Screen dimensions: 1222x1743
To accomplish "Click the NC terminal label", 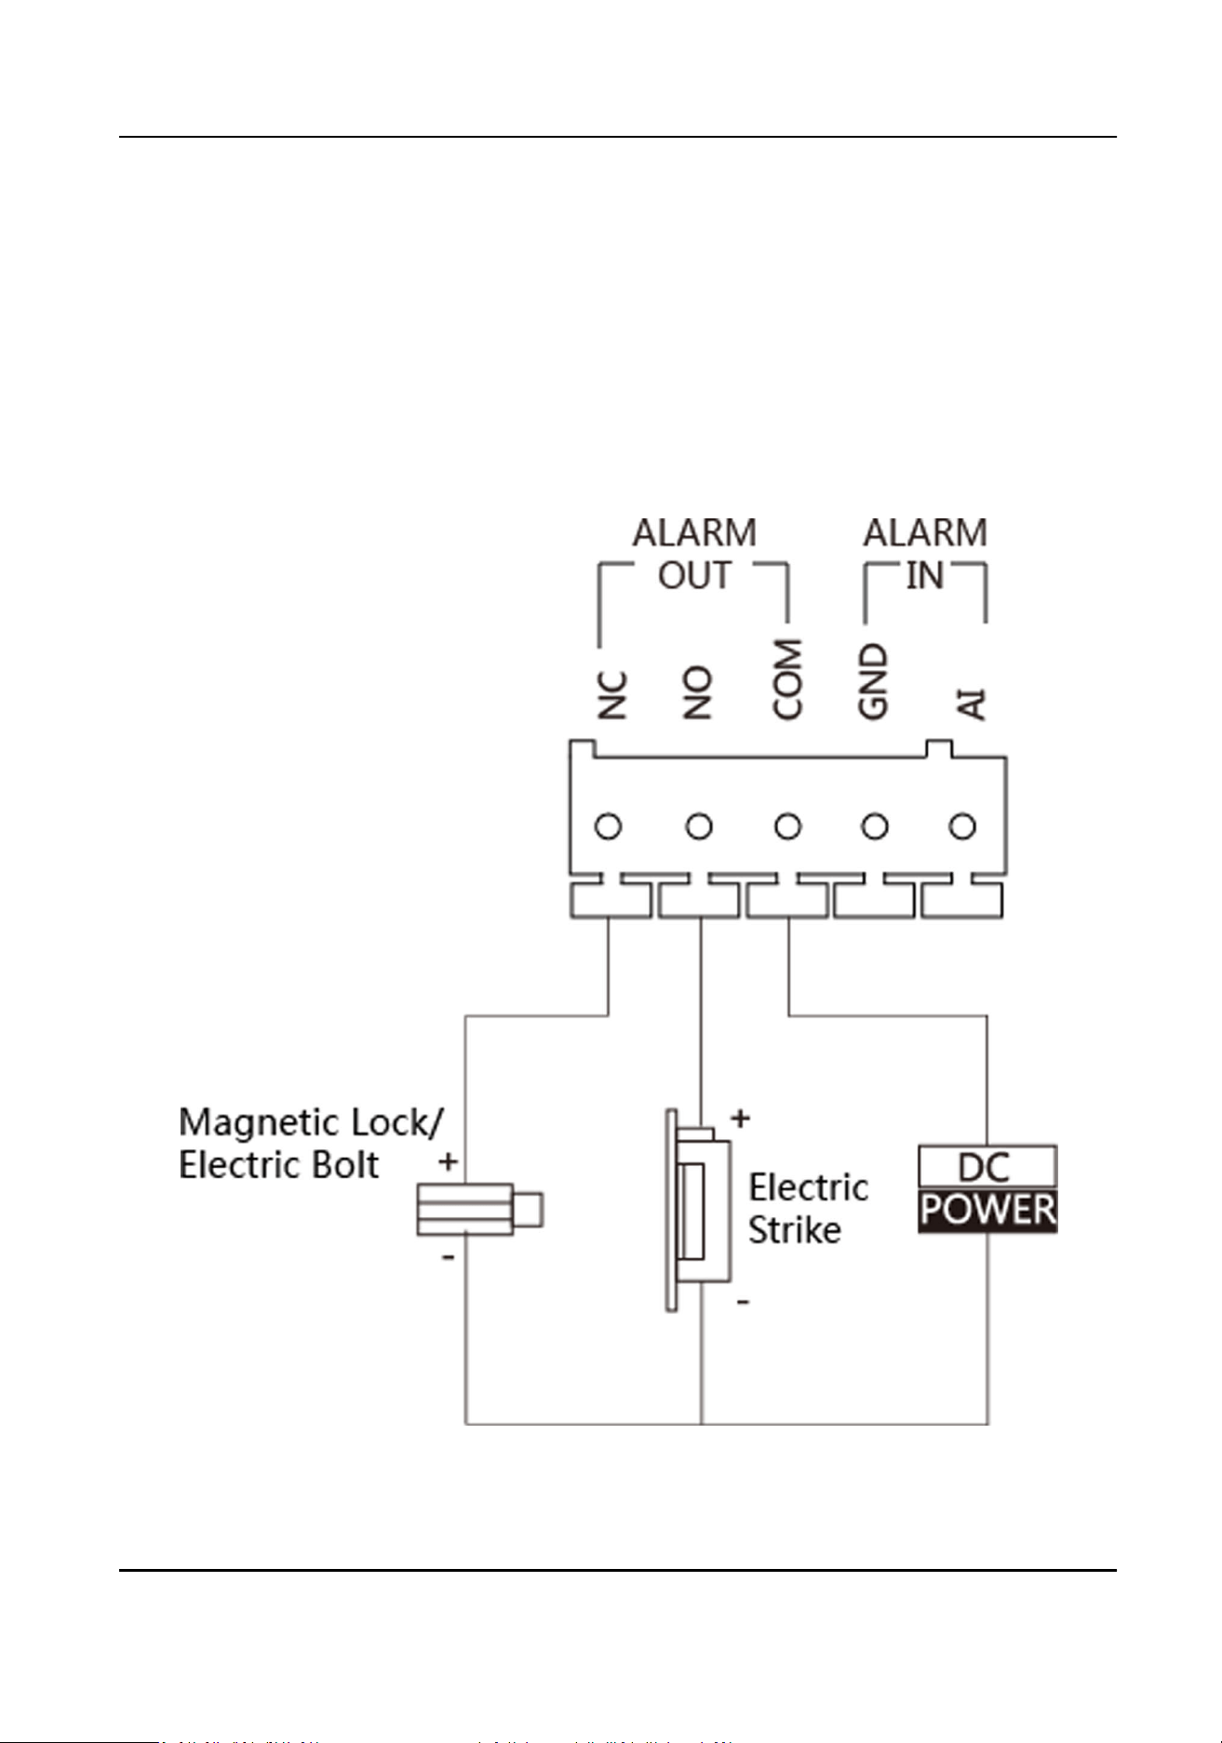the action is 611,695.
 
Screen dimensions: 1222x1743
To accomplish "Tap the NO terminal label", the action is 697,692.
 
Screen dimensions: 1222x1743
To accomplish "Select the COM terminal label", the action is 787,678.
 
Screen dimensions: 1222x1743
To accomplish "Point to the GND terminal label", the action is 873,681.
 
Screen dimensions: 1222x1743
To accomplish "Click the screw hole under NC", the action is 609,826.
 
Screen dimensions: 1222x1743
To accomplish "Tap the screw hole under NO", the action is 699,826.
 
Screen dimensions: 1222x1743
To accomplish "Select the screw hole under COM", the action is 787,826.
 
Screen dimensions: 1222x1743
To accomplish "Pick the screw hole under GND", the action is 875,826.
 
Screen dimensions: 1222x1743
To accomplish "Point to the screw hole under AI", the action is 962,826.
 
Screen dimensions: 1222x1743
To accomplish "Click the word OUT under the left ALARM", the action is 694,576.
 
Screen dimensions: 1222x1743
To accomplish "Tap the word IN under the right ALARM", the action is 925,576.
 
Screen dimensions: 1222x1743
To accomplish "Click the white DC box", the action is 987,1167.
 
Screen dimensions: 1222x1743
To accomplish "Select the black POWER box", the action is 987,1211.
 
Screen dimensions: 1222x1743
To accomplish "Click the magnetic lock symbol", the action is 479,1210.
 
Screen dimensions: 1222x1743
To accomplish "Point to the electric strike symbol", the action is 698,1210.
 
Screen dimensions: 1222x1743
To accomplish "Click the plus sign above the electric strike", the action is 741,1118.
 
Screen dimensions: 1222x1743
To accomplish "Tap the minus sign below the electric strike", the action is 743,1301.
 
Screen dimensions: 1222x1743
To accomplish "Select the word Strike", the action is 795,1230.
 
